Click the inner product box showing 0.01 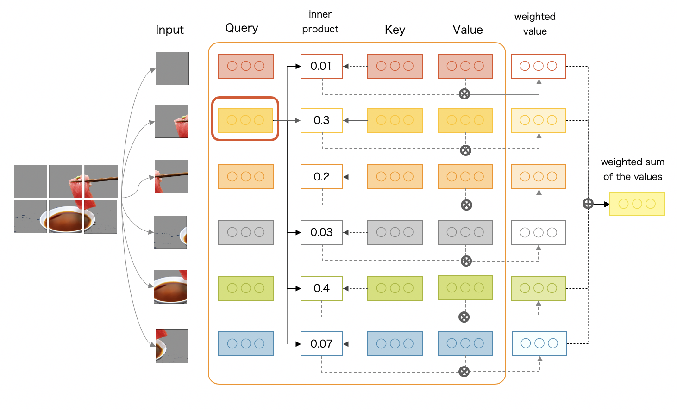321,66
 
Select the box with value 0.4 321,288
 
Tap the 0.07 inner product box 321,344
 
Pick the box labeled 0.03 321,232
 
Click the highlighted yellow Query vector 245,120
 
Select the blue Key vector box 395,344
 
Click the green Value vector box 465,288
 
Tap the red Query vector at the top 245,66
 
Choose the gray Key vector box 395,232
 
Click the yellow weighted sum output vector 637,204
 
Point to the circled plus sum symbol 588,204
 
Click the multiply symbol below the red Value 464,94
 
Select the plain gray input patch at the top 172,68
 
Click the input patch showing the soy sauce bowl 170,287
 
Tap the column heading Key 395,30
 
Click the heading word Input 169,30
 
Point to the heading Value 467,30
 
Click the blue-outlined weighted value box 539,343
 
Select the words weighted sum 632,162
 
